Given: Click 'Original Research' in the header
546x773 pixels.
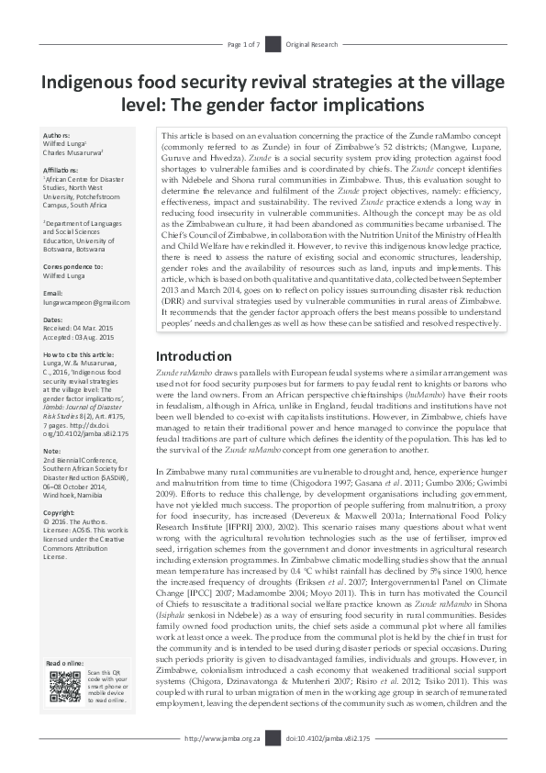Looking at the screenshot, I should click(x=314, y=44).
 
